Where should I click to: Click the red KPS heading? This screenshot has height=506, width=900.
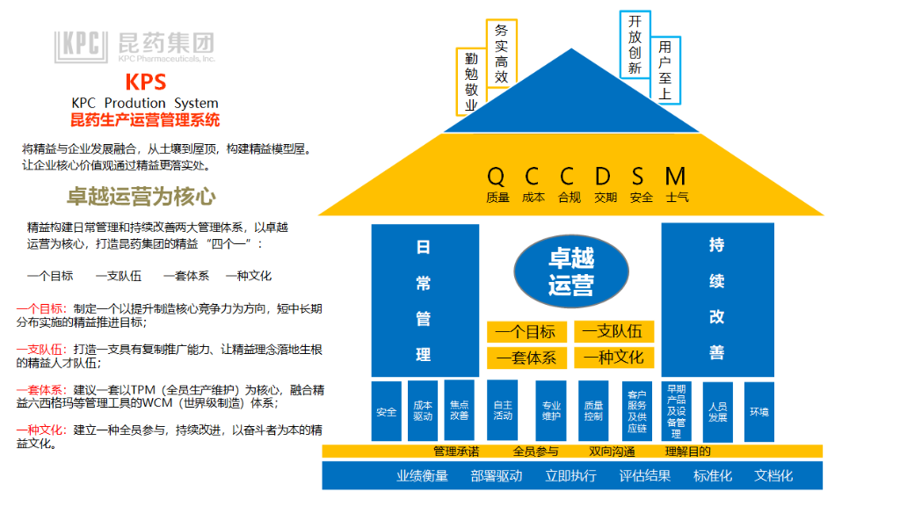tap(145, 83)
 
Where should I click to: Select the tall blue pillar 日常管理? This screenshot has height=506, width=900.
tap(425, 300)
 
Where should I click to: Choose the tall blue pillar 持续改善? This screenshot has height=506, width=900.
tap(717, 300)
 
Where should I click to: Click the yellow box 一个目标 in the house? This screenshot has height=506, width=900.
tap(526, 332)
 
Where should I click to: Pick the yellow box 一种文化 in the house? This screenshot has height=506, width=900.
tap(613, 358)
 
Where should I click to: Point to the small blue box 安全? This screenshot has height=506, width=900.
tap(386, 411)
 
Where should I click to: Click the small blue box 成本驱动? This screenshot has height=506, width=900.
tap(423, 411)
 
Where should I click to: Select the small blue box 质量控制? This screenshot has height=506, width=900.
tap(593, 411)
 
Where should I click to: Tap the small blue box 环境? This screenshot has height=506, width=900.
tap(758, 411)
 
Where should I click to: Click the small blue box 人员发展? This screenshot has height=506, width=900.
tap(717, 411)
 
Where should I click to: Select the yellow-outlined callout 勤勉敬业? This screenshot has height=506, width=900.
tap(470, 80)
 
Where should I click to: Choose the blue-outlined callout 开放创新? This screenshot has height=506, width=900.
tap(635, 45)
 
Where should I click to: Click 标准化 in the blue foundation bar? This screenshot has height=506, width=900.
tap(713, 475)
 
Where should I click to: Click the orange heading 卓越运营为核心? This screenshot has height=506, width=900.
tap(142, 196)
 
